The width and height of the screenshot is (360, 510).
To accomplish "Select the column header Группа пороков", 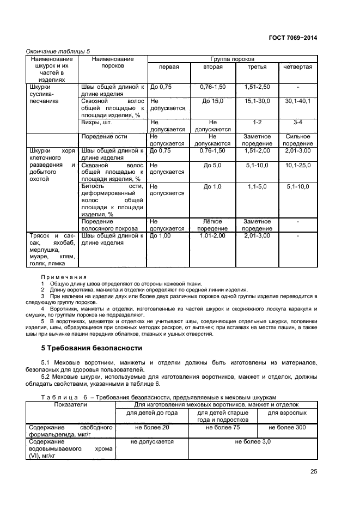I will click(233, 58).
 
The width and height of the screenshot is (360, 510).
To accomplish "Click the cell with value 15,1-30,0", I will click(254, 101).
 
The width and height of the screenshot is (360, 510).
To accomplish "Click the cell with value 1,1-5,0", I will click(254, 186).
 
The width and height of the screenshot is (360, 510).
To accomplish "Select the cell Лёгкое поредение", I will click(212, 225).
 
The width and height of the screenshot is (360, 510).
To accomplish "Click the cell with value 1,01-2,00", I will click(212, 236).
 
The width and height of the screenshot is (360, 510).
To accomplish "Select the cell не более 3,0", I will click(253, 442).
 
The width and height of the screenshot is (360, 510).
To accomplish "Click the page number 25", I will click(313, 472).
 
